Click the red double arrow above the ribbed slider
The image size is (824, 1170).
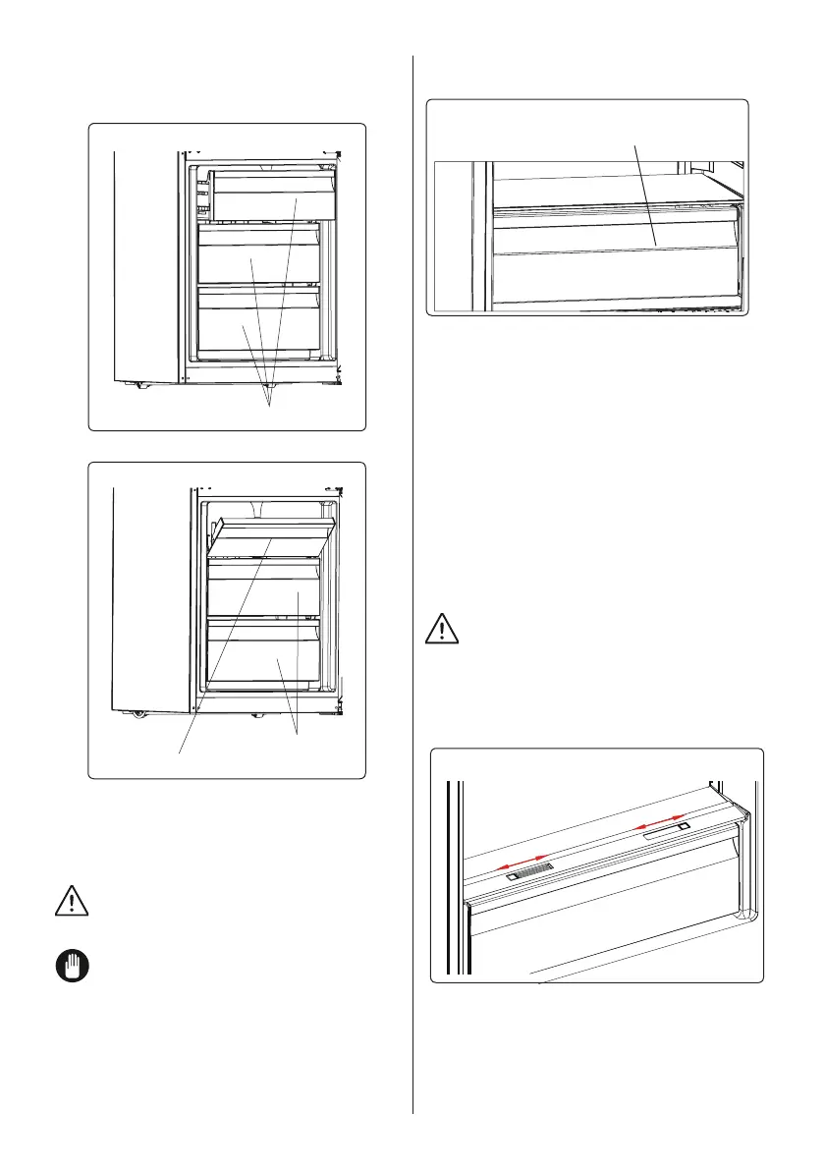tap(522, 858)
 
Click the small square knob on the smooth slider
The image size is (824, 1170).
tap(682, 830)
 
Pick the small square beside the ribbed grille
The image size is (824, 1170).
tap(511, 876)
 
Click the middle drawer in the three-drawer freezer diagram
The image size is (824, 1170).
tap(259, 257)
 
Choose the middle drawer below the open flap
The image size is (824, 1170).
tap(263, 594)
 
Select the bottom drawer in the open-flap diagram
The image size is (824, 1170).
tap(263, 659)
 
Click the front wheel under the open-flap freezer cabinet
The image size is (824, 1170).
tap(135, 713)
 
